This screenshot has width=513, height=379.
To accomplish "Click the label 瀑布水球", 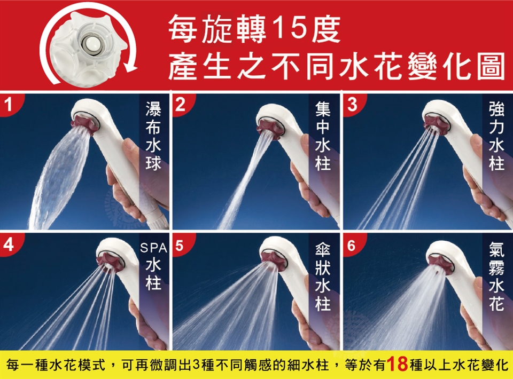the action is tap(153, 136).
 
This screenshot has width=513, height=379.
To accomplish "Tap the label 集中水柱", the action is tap(323, 136).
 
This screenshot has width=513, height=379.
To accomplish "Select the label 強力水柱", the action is tap(496, 136).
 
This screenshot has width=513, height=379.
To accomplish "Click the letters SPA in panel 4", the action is tap(153, 248).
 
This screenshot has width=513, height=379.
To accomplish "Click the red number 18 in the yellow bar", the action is tap(397, 365).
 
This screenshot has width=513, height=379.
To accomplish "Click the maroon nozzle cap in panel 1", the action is tap(84, 124).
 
